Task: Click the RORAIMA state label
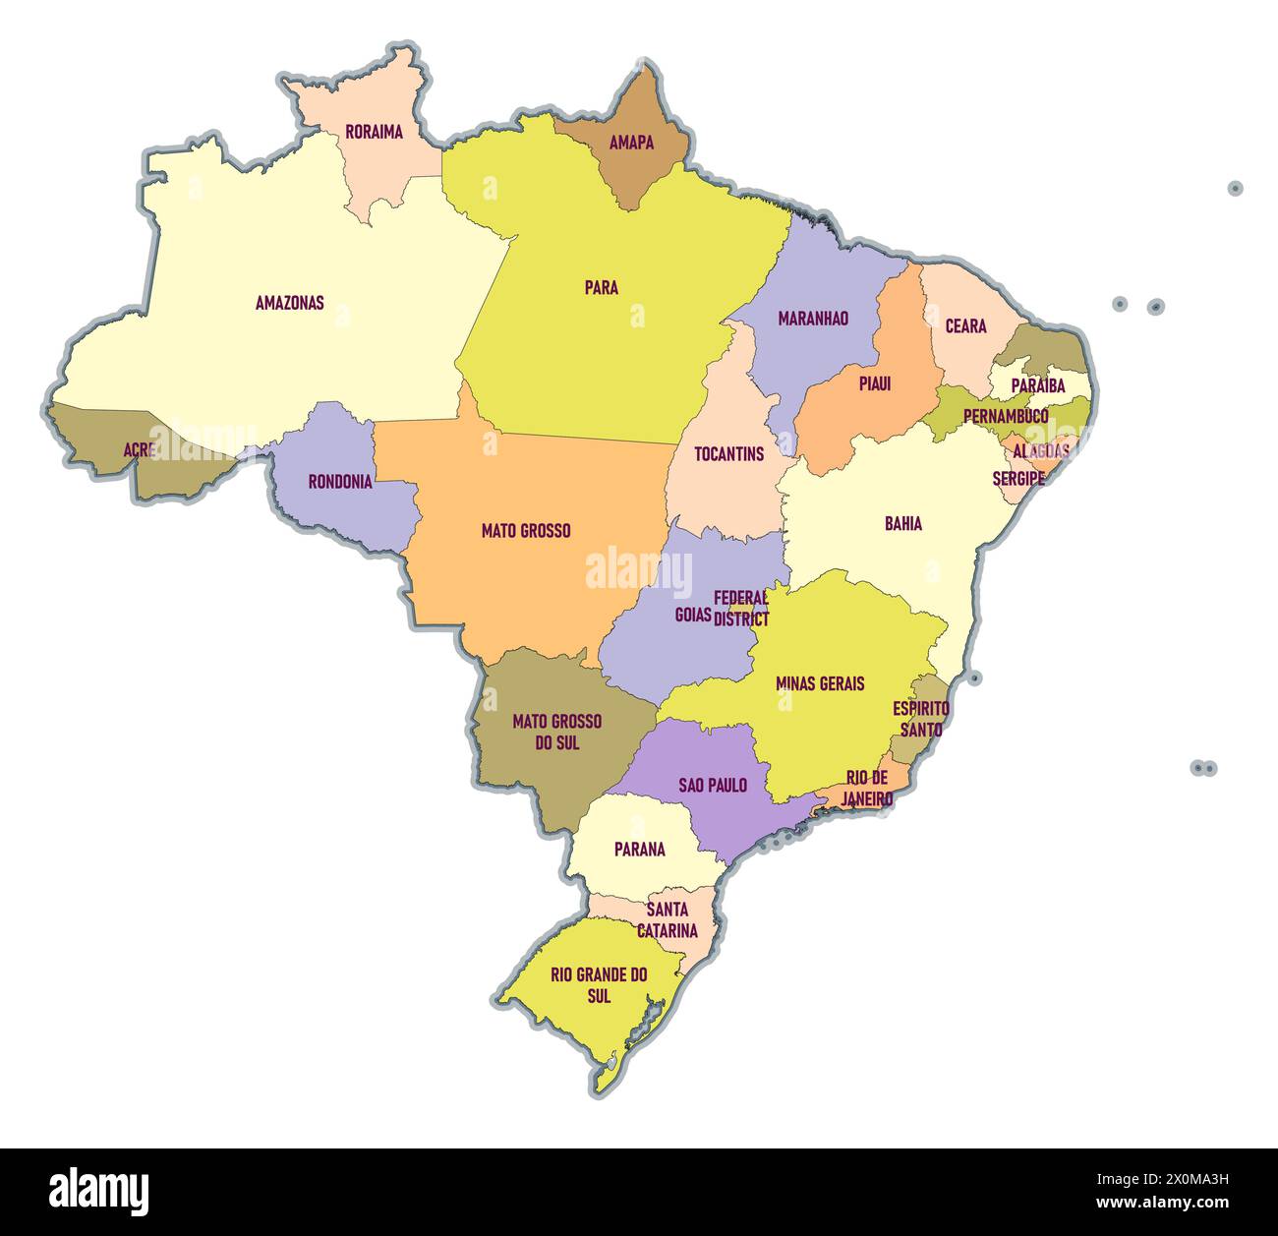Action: tap(374, 132)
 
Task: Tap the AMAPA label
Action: tap(631, 143)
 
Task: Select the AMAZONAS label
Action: tap(289, 303)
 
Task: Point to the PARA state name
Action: tap(601, 288)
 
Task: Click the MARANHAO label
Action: tap(812, 319)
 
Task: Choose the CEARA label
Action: tap(965, 326)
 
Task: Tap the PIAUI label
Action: tap(874, 383)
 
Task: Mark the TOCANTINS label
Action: tap(728, 454)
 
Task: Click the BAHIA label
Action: tap(902, 524)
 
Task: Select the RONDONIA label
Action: tap(340, 482)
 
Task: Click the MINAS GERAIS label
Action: tap(820, 683)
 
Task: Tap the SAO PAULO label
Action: tap(713, 786)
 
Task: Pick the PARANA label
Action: tap(639, 850)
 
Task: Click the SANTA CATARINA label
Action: tap(668, 920)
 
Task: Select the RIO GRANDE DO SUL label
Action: tap(599, 985)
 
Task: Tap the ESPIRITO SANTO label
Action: tap(921, 719)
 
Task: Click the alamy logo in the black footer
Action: tap(99, 1191)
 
